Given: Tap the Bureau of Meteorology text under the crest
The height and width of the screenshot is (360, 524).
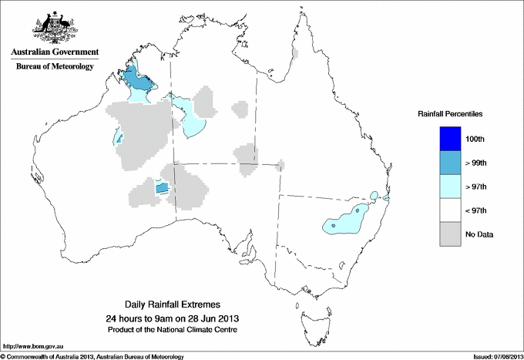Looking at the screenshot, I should (x=55, y=66).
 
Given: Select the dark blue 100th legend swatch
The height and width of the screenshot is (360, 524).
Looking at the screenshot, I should (x=452, y=139).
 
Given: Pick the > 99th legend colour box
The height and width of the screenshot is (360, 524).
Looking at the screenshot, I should (x=452, y=163).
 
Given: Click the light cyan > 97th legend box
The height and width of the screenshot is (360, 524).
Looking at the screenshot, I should (x=452, y=187).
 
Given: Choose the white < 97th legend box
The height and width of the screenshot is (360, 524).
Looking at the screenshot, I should (x=452, y=210).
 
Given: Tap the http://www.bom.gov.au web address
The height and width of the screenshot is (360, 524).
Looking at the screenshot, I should (x=32, y=347).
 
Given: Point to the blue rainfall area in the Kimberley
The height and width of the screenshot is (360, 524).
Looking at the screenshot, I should (x=136, y=78).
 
